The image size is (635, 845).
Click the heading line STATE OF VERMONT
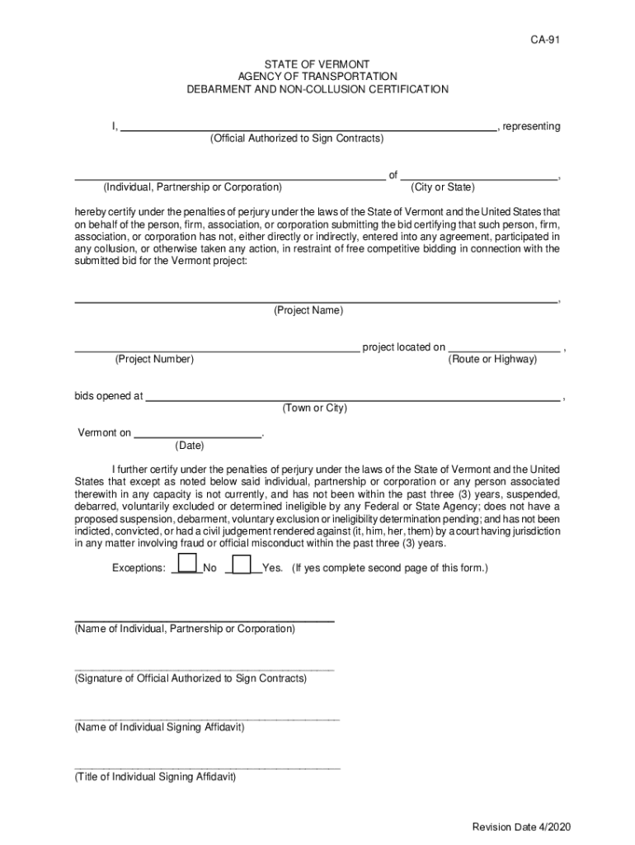pyautogui.click(x=317, y=64)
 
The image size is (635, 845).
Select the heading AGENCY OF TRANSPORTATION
pyautogui.click(x=317, y=77)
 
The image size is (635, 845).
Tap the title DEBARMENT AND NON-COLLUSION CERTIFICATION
pyautogui.click(x=317, y=89)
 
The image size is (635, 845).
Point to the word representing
pyautogui.click(x=531, y=126)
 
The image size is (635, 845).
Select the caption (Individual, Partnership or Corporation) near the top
pyautogui.click(x=192, y=187)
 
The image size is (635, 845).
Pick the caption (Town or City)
pyautogui.click(x=314, y=408)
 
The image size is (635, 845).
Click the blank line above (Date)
pyautogui.click(x=197, y=435)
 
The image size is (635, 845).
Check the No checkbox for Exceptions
pyautogui.click(x=188, y=564)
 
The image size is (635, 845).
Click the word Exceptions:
pyautogui.click(x=139, y=569)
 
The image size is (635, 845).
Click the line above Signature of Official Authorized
pyautogui.click(x=205, y=669)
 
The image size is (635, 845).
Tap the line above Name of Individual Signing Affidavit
pyautogui.click(x=207, y=719)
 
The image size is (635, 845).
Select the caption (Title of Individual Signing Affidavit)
pyautogui.click(x=155, y=777)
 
